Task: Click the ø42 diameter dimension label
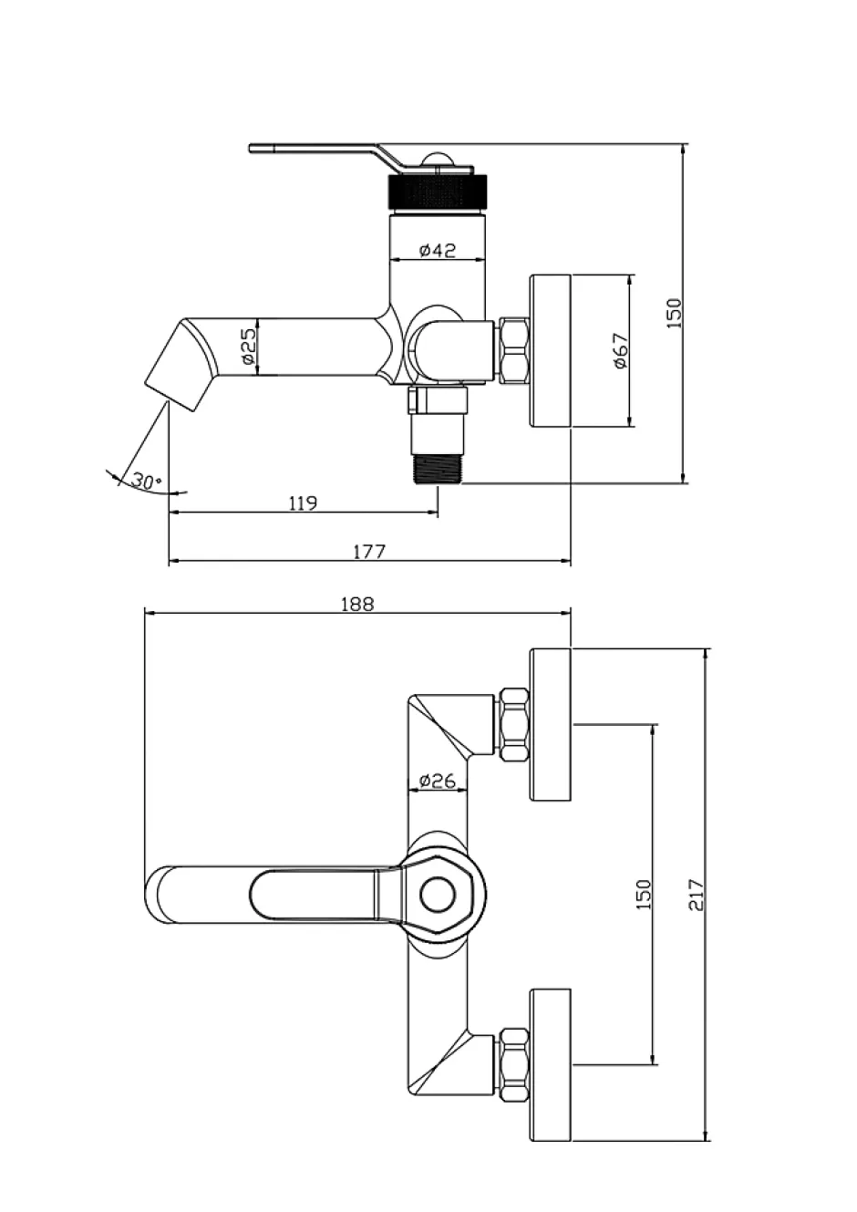pyautogui.click(x=438, y=250)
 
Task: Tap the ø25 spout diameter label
pyautogui.click(x=247, y=347)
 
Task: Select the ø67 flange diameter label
pyautogui.click(x=622, y=351)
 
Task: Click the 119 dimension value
pyautogui.click(x=303, y=503)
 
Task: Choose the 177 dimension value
pyautogui.click(x=369, y=552)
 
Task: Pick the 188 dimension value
pyautogui.click(x=357, y=604)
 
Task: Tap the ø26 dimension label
pyautogui.click(x=437, y=781)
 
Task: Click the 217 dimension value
pyautogui.click(x=697, y=895)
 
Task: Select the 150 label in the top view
pyautogui.click(x=675, y=314)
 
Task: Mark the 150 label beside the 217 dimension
pyautogui.click(x=644, y=895)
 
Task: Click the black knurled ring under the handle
pyautogui.click(x=438, y=192)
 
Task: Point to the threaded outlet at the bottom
pyautogui.click(x=437, y=470)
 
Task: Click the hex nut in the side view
pyautogui.click(x=513, y=351)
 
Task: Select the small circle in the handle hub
pyautogui.click(x=438, y=895)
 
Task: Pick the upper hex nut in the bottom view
pyautogui.click(x=513, y=725)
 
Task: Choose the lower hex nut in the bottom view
pyautogui.click(x=513, y=1065)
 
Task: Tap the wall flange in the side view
pyautogui.click(x=551, y=350)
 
